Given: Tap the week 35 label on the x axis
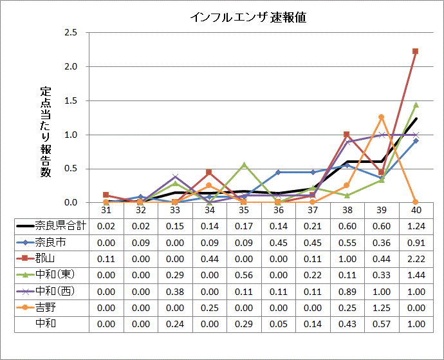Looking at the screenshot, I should [x=244, y=210].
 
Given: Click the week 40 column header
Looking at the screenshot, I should [x=416, y=210].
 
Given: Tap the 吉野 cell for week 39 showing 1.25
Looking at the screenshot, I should [x=381, y=307].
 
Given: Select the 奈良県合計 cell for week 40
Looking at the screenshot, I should [x=416, y=226].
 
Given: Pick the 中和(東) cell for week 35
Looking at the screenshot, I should [x=244, y=274].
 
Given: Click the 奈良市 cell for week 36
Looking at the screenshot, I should [x=278, y=242].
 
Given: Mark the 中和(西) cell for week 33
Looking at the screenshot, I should [x=175, y=290].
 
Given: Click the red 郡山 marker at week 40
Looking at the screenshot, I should [x=416, y=51].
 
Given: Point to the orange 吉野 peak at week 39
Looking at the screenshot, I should [x=381, y=117].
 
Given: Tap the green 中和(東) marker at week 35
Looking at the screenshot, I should [x=244, y=164].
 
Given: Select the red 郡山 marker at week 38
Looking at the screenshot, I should [x=347, y=134].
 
